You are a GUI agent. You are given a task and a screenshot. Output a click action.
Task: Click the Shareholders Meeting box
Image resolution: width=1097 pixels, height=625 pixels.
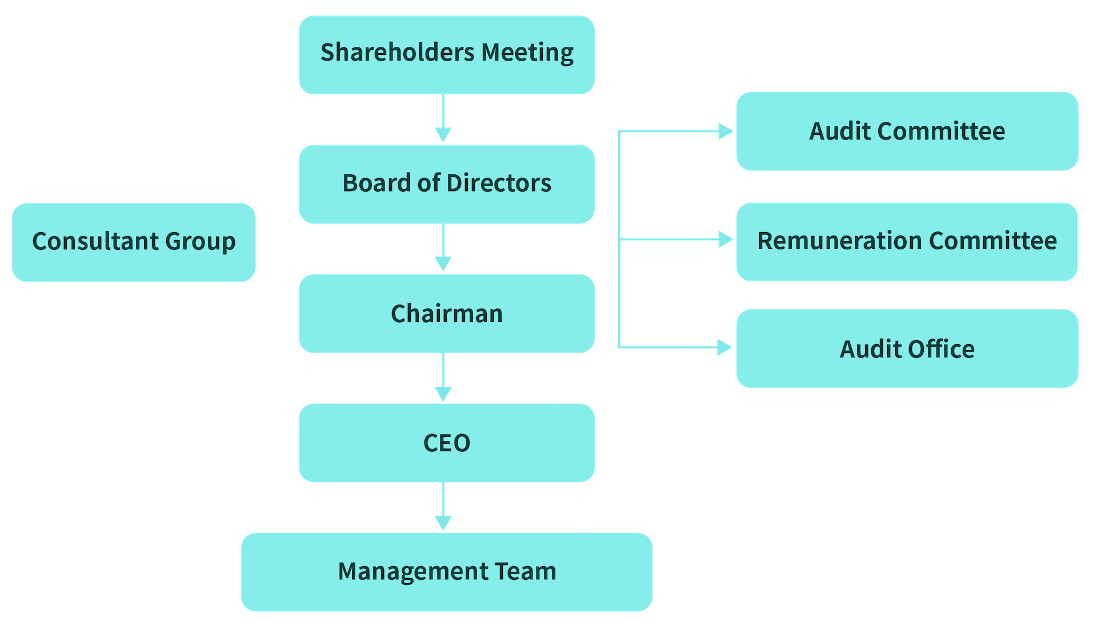(446, 54)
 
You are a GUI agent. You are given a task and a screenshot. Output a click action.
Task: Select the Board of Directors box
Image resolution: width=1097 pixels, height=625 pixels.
(446, 184)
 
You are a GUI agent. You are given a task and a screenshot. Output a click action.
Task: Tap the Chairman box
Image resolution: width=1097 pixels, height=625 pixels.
(446, 313)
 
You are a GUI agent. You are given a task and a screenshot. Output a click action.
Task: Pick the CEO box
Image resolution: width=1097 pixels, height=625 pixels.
(446, 443)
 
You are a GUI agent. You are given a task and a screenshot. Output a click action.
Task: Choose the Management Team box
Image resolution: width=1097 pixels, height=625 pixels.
(446, 571)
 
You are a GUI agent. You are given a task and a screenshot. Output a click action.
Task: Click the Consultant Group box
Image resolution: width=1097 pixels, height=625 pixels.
(133, 242)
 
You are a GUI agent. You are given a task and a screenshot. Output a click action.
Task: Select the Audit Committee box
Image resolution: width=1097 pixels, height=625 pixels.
(907, 131)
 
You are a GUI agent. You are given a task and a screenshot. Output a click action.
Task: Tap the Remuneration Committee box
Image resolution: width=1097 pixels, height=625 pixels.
(907, 241)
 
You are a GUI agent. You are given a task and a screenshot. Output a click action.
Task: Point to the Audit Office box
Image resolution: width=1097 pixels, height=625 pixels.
(907, 349)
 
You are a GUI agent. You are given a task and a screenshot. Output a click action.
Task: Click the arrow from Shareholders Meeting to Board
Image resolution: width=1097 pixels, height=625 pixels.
(443, 119)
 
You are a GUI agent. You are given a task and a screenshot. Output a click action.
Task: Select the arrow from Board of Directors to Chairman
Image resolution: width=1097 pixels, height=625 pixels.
(443, 248)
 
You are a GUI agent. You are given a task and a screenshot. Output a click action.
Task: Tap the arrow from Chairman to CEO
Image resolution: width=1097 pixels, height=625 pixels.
(443, 378)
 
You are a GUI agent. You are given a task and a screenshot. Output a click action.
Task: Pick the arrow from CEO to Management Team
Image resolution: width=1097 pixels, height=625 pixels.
(443, 507)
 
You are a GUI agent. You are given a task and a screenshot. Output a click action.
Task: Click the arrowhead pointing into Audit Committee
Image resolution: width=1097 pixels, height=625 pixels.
(725, 132)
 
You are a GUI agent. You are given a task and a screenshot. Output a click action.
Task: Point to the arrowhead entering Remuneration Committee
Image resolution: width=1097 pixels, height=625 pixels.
(725, 239)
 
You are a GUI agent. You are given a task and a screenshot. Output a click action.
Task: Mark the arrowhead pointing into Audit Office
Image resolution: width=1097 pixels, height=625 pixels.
(724, 347)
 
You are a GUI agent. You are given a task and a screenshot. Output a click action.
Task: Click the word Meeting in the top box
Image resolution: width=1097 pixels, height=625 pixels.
(527, 53)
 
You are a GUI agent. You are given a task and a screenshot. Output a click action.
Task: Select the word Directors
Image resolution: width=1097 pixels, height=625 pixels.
(499, 184)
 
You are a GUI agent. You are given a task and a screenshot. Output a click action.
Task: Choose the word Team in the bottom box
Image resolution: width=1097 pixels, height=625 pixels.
(525, 571)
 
